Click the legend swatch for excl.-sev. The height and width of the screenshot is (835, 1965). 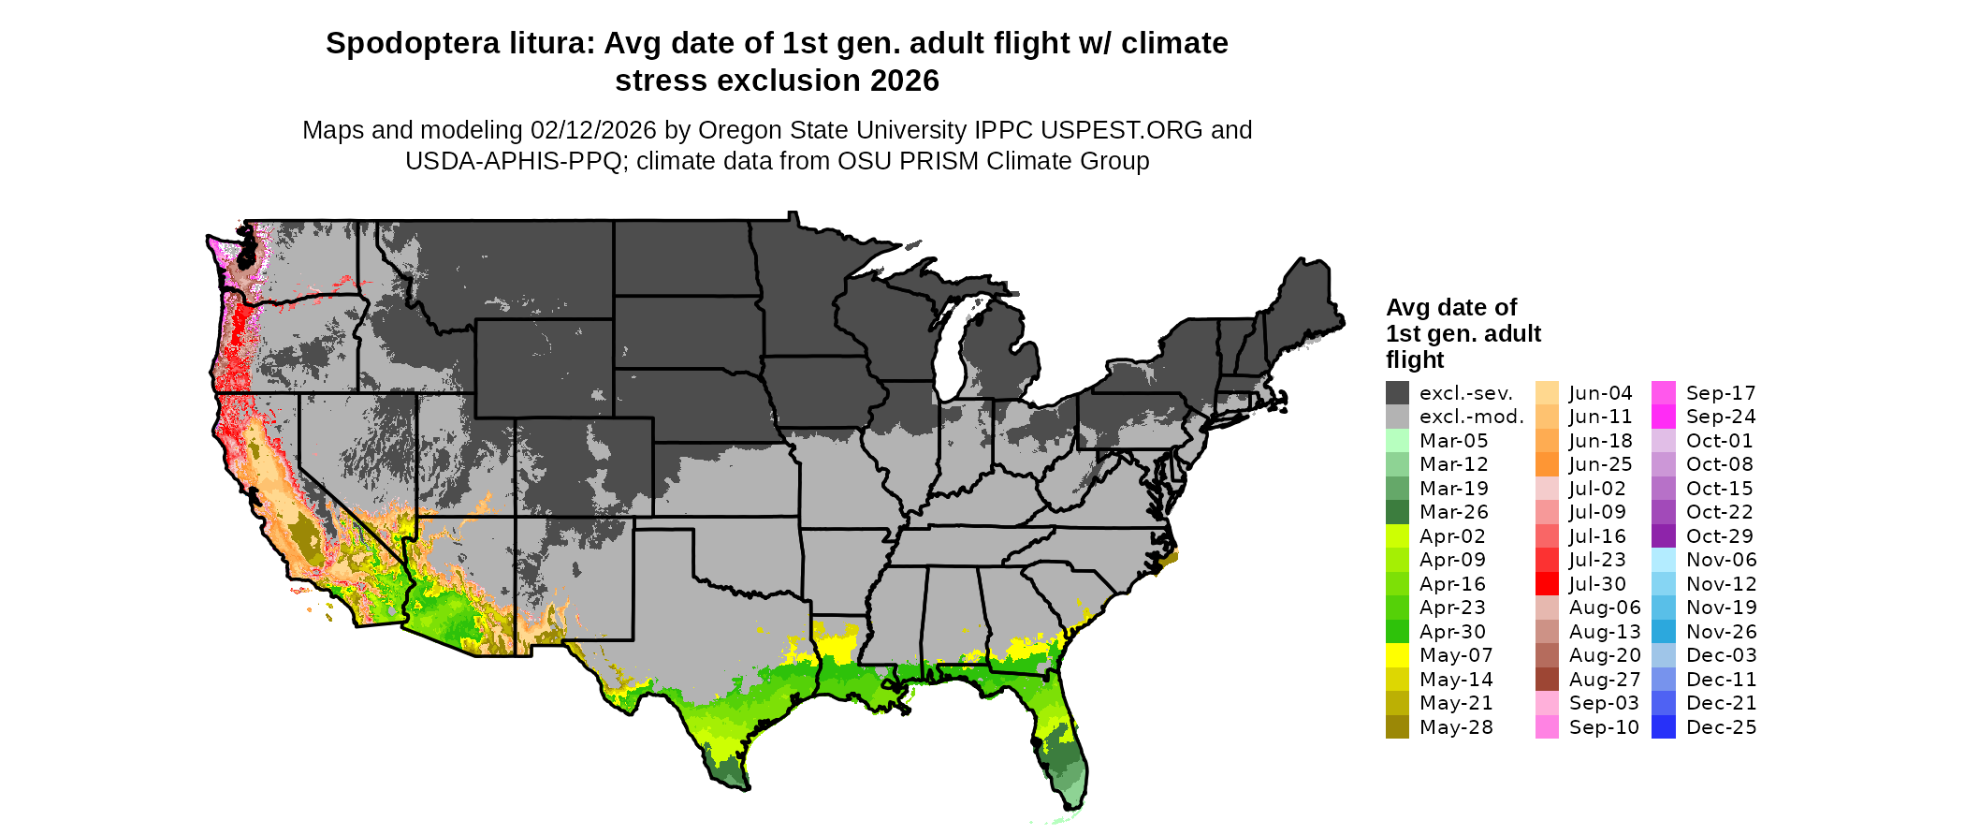(1397, 393)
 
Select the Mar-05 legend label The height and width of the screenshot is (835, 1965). (1453, 441)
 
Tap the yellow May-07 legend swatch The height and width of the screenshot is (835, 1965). (1397, 655)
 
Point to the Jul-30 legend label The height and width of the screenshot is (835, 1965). (1598, 584)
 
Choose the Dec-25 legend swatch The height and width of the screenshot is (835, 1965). (1664, 727)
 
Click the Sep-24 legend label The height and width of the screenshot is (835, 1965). (1721, 417)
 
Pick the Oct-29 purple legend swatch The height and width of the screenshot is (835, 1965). (1664, 536)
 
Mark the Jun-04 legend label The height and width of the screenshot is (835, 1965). (1600, 393)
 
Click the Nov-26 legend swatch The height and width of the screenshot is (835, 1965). (1664, 632)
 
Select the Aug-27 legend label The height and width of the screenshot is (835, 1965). (1605, 680)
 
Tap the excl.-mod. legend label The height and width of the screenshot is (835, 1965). (1471, 417)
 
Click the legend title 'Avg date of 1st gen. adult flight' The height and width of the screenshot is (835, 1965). (1463, 333)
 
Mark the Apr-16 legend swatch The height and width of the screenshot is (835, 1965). (1397, 584)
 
